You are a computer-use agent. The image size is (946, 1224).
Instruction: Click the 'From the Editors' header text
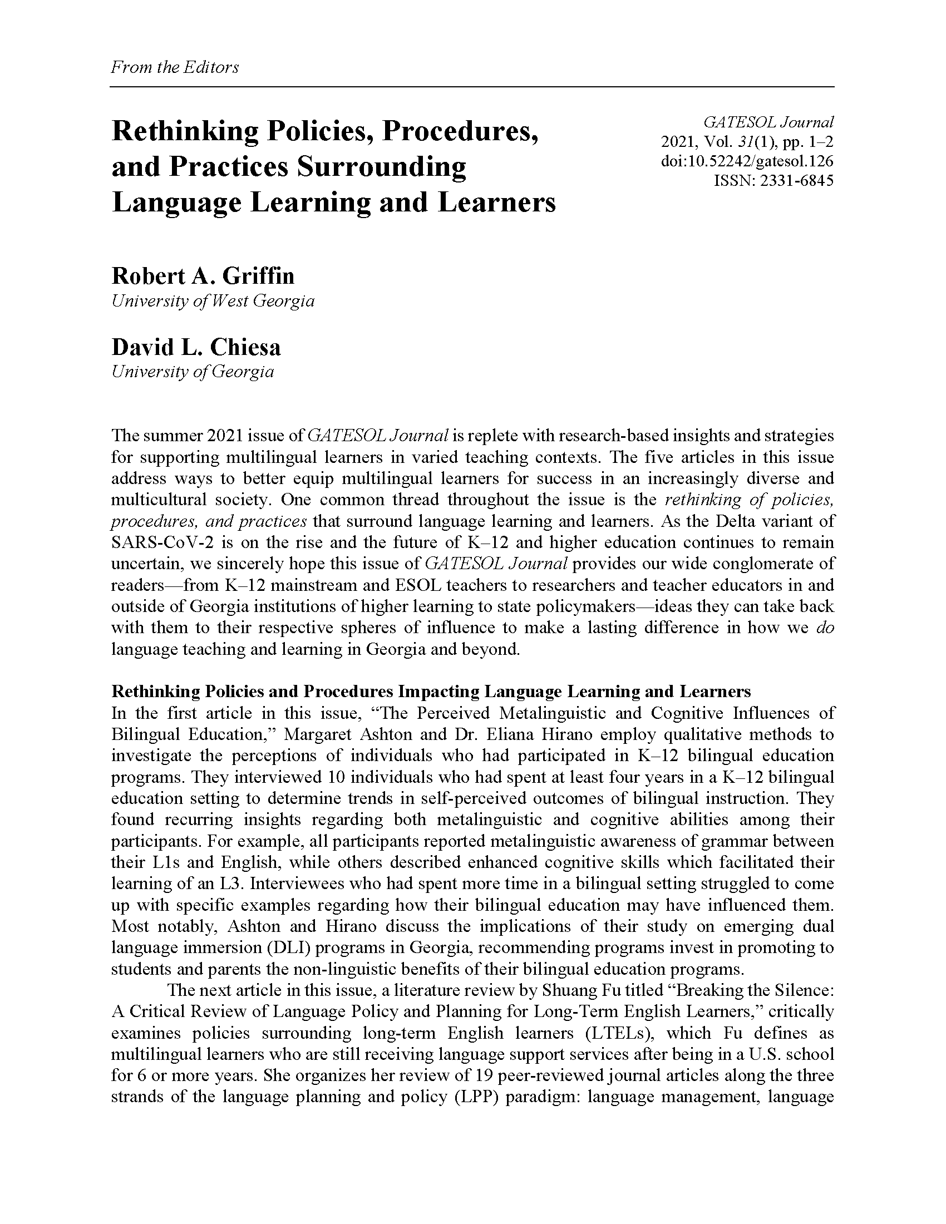pyautogui.click(x=175, y=67)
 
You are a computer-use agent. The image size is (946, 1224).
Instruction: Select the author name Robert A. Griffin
pyautogui.click(x=203, y=276)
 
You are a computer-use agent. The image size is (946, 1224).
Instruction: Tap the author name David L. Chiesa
pyautogui.click(x=196, y=347)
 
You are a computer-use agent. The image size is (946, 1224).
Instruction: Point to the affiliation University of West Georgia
pyautogui.click(x=213, y=301)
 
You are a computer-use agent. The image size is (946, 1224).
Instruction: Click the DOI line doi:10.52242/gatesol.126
pyautogui.click(x=747, y=161)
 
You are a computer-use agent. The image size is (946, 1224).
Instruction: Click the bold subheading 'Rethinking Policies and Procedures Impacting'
pyautogui.click(x=296, y=691)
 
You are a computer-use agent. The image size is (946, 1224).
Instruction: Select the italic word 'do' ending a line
pyautogui.click(x=825, y=628)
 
